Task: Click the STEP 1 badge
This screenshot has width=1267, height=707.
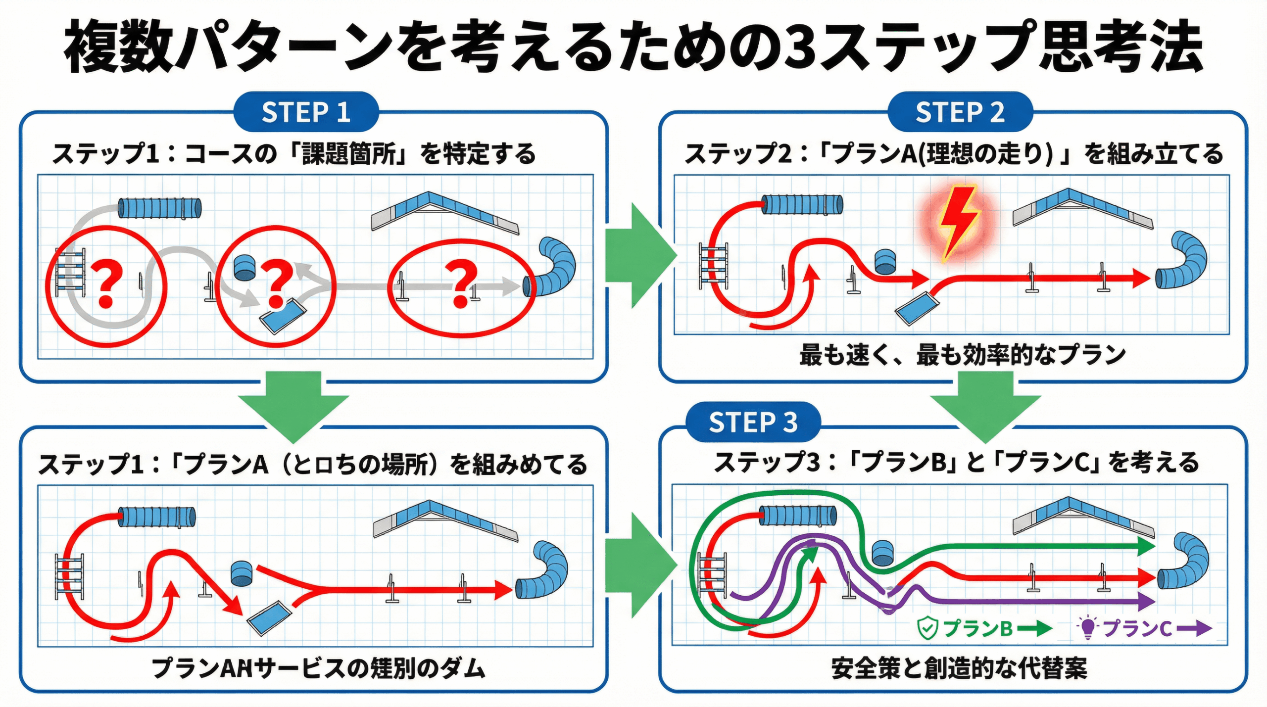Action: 306,112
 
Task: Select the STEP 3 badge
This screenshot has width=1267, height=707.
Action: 753,422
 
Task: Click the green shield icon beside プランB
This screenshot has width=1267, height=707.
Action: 927,628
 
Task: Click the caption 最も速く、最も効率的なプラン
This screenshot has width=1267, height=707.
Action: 962,355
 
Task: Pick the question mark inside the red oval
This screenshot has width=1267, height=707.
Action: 461,284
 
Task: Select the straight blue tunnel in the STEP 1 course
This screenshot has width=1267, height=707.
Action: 159,208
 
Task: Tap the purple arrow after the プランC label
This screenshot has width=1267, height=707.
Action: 1194,628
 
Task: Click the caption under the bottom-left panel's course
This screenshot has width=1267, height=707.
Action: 318,668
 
